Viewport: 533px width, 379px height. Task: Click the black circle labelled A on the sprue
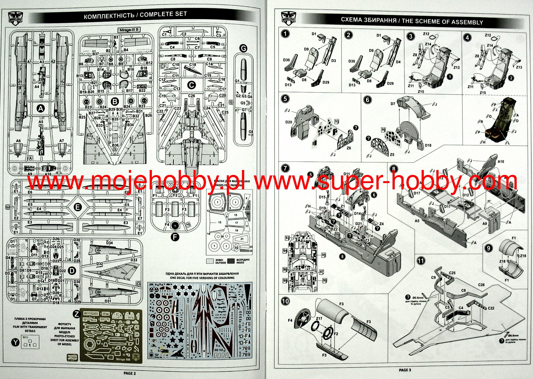point(41,109)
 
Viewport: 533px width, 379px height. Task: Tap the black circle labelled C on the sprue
point(191,85)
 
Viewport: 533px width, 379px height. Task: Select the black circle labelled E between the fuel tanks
point(78,207)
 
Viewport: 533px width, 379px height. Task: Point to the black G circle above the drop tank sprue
point(243,48)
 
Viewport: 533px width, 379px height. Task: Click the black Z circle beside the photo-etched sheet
point(77,314)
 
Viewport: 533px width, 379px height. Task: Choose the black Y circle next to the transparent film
point(16,342)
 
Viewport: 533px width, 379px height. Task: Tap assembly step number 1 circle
point(285,34)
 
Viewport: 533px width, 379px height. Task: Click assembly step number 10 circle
point(285,301)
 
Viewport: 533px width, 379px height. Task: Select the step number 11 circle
point(421,261)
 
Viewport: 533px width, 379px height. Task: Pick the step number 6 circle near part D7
point(367,100)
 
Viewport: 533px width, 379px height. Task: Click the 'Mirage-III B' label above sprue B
point(129,30)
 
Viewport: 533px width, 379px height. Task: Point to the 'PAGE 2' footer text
point(129,373)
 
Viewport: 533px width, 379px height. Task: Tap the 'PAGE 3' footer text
point(405,370)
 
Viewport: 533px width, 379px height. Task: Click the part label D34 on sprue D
point(109,243)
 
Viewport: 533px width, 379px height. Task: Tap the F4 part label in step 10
point(290,320)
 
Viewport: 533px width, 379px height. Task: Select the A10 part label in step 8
point(501,161)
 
